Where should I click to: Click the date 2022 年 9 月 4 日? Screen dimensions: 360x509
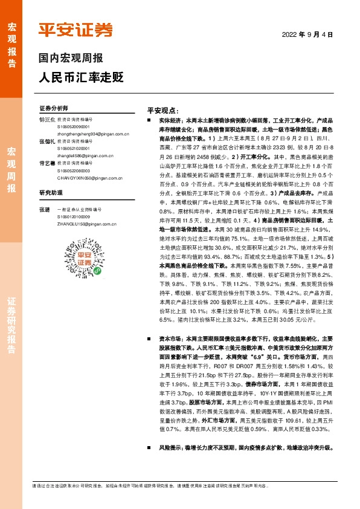coord(308,34)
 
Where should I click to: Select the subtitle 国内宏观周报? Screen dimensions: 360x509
coord(71,59)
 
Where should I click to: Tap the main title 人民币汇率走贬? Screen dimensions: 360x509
coord(81,77)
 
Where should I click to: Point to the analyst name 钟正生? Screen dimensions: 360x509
coord(47,120)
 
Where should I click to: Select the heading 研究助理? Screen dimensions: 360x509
coord(51,193)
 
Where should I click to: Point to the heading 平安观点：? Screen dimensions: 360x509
coord(164,112)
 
